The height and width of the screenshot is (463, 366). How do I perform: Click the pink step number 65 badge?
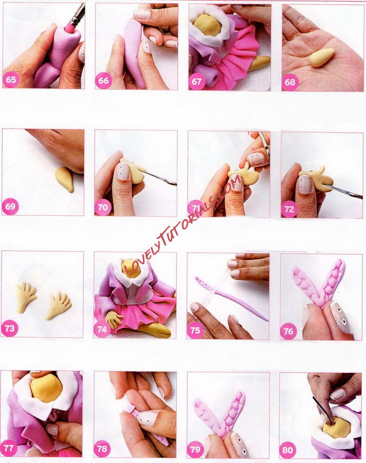click(x=11, y=79)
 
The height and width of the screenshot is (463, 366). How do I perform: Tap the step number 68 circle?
click(x=290, y=82)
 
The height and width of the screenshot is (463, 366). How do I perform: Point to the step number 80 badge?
click(x=288, y=450)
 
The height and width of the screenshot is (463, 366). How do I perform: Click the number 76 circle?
click(x=288, y=331)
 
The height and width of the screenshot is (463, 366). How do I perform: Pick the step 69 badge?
click(x=10, y=206)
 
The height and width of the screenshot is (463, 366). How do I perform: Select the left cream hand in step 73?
click(x=26, y=297)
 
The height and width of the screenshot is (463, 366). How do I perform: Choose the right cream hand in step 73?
click(x=58, y=306)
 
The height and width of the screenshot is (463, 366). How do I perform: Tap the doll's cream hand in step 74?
click(x=114, y=320)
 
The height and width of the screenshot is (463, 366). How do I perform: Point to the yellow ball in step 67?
click(x=209, y=26)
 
